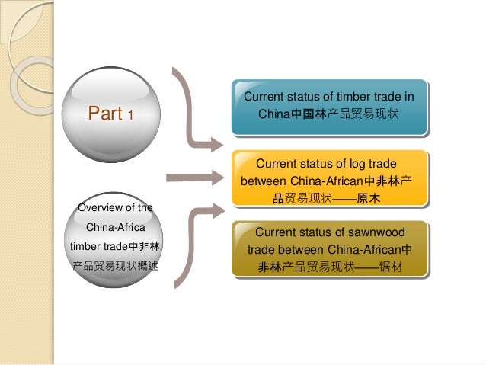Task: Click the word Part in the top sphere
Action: tap(105, 115)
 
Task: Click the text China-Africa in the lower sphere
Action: tap(115, 227)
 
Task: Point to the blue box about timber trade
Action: tap(328, 106)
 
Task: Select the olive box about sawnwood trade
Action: tap(330, 249)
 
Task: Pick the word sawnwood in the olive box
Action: tap(373, 232)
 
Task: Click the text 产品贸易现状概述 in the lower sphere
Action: tap(115, 267)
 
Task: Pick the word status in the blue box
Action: tap(305, 97)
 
